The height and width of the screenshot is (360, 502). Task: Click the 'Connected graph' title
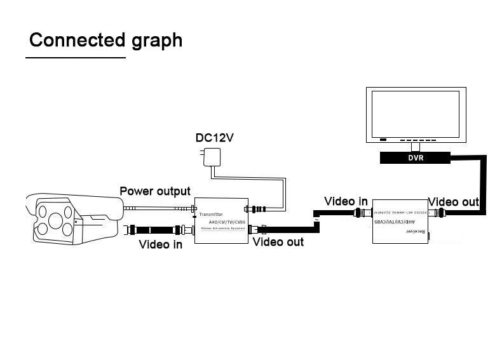tap(105, 40)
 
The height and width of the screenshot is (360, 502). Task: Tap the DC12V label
tap(215, 138)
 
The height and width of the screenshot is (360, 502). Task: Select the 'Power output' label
tap(155, 191)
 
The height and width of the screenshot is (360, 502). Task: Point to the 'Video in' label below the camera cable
tap(161, 244)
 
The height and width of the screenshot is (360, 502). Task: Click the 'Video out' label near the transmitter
tap(278, 242)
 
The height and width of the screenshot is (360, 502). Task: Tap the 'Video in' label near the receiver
tap(346, 201)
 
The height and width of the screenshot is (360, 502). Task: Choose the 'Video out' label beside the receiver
tap(454, 202)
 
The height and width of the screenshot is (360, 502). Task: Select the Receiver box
tap(400, 219)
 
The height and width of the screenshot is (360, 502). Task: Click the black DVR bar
tap(416, 158)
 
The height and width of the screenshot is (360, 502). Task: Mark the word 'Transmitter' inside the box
tap(211, 215)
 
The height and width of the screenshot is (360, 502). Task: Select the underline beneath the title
tap(76, 58)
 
